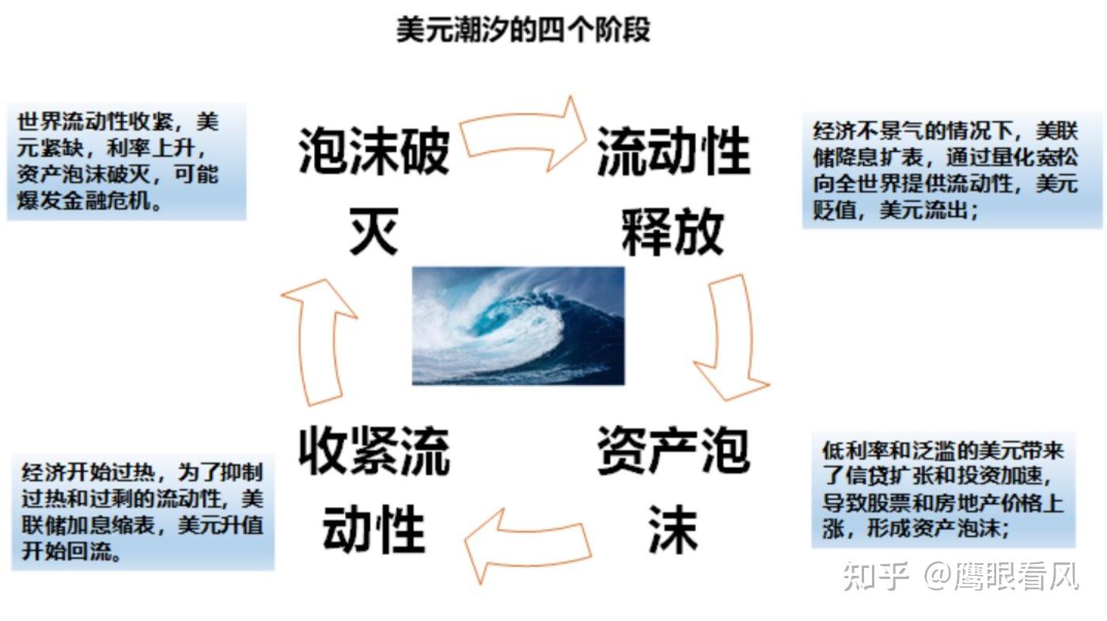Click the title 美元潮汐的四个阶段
[522, 31]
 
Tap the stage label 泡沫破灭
[373, 190]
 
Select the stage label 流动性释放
[673, 190]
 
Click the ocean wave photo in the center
[518, 325]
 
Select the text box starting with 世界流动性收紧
[127, 162]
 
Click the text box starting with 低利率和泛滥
[943, 489]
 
